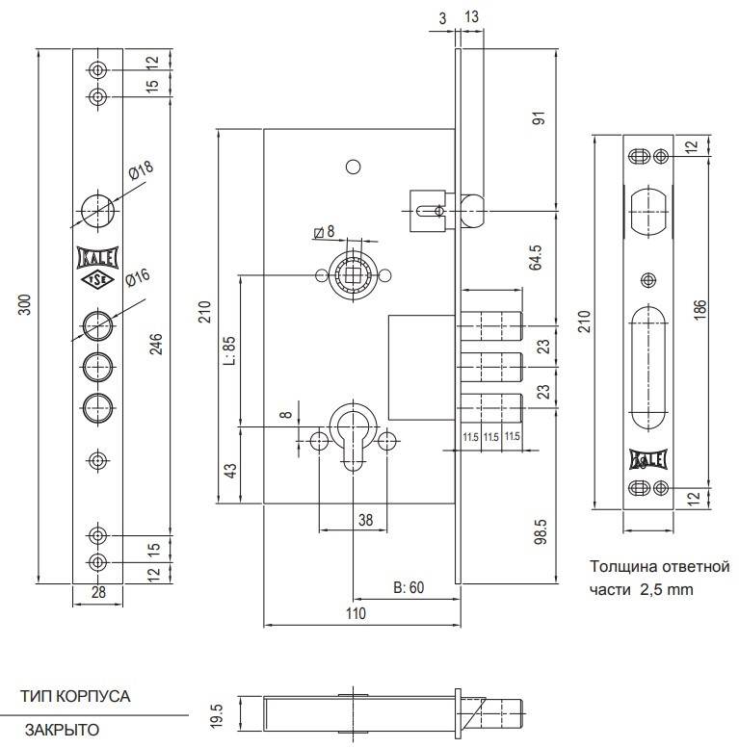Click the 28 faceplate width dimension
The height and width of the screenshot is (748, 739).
(98, 593)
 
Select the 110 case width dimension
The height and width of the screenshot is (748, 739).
(356, 612)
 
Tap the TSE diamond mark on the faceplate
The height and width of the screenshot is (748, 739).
(96, 280)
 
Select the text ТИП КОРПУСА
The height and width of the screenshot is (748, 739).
(75, 696)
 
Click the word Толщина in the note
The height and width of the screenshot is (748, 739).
(620, 566)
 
